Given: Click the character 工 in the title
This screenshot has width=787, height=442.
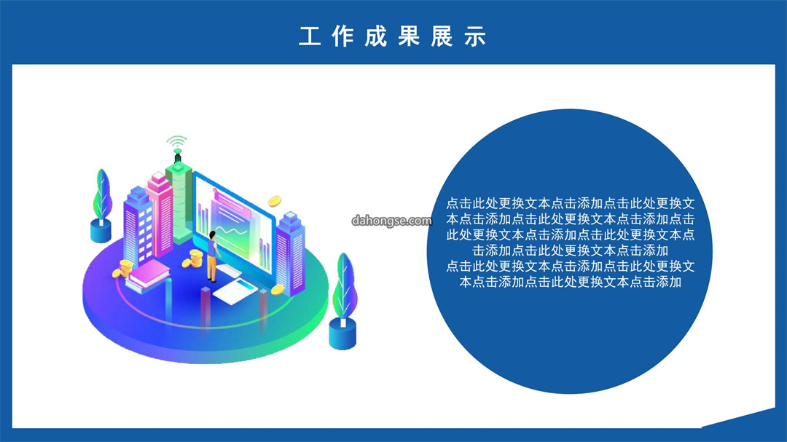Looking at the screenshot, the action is (x=310, y=36).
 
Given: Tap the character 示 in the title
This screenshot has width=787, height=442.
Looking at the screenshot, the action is (x=475, y=36).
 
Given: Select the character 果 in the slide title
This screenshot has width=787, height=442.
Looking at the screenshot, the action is (x=409, y=36).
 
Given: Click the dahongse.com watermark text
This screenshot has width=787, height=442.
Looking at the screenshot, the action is (x=391, y=221).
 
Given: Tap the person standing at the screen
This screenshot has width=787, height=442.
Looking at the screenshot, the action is (x=213, y=256).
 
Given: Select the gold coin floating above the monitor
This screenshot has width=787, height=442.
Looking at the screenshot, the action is (x=274, y=201).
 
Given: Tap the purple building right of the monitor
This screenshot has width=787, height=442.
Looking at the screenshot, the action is (x=291, y=253).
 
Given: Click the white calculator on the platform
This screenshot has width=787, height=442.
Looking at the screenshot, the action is (x=235, y=291).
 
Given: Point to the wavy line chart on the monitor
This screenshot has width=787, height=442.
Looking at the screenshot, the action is (x=232, y=232).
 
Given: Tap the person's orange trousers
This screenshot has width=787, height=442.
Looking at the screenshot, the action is (x=212, y=269).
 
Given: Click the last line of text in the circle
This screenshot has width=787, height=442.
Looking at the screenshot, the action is (x=570, y=282).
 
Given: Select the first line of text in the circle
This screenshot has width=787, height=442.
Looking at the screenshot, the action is (x=570, y=203).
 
